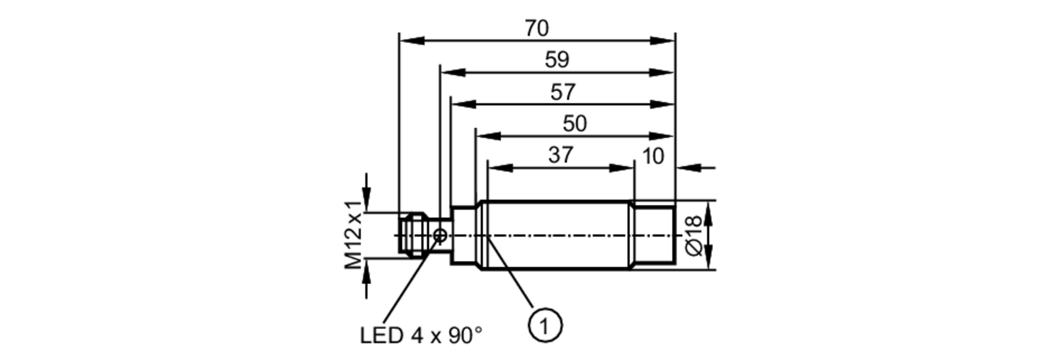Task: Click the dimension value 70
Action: click(536, 28)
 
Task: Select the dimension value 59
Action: click(557, 60)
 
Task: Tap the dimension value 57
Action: click(562, 92)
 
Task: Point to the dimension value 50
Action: click(575, 124)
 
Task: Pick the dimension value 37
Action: click(561, 155)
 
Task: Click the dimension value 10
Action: click(652, 156)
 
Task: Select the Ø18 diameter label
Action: click(694, 235)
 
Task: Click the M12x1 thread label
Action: click(354, 235)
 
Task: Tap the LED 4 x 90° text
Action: click(421, 335)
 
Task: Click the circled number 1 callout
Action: click(545, 324)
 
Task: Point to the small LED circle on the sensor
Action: click(440, 235)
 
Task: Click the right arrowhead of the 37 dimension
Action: click(621, 168)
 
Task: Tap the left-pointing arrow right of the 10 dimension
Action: click(690, 168)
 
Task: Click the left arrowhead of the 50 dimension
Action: click(489, 136)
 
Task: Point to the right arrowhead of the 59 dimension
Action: click(662, 73)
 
